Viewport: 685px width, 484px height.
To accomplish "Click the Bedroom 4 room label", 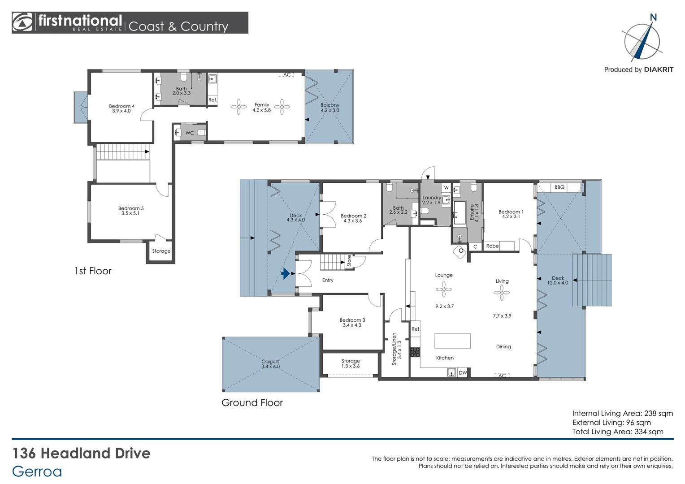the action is tap(121, 106).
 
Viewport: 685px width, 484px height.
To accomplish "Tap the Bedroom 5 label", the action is tap(131, 208).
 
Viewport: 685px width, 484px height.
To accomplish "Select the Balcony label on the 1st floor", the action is tap(329, 105).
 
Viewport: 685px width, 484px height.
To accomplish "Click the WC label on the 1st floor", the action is tap(190, 133).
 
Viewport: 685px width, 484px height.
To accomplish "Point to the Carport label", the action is tap(270, 361).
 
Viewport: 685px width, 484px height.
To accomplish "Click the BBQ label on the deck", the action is tap(559, 187).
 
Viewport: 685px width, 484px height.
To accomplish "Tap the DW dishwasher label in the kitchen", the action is tap(463, 373).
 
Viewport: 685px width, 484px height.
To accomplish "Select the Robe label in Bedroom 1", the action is tap(492, 246).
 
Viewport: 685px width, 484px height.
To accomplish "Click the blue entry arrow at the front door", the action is tap(285, 274).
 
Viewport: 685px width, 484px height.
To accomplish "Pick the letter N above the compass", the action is tap(653, 17).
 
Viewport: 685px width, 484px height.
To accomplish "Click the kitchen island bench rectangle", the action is tap(452, 341).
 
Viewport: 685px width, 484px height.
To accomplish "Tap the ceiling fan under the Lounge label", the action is tap(444, 289).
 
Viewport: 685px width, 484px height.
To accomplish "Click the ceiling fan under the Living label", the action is tap(502, 293).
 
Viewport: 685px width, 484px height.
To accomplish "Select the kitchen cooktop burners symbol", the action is tap(415, 352).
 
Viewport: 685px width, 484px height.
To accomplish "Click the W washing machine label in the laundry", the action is tap(446, 187).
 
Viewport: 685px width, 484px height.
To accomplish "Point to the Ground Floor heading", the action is tap(252, 403).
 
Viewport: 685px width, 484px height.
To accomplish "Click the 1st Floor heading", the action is tap(93, 271).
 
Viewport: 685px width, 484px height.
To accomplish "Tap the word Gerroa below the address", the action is tap(37, 471).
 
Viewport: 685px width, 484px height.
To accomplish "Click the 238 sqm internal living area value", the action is tap(659, 413).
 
